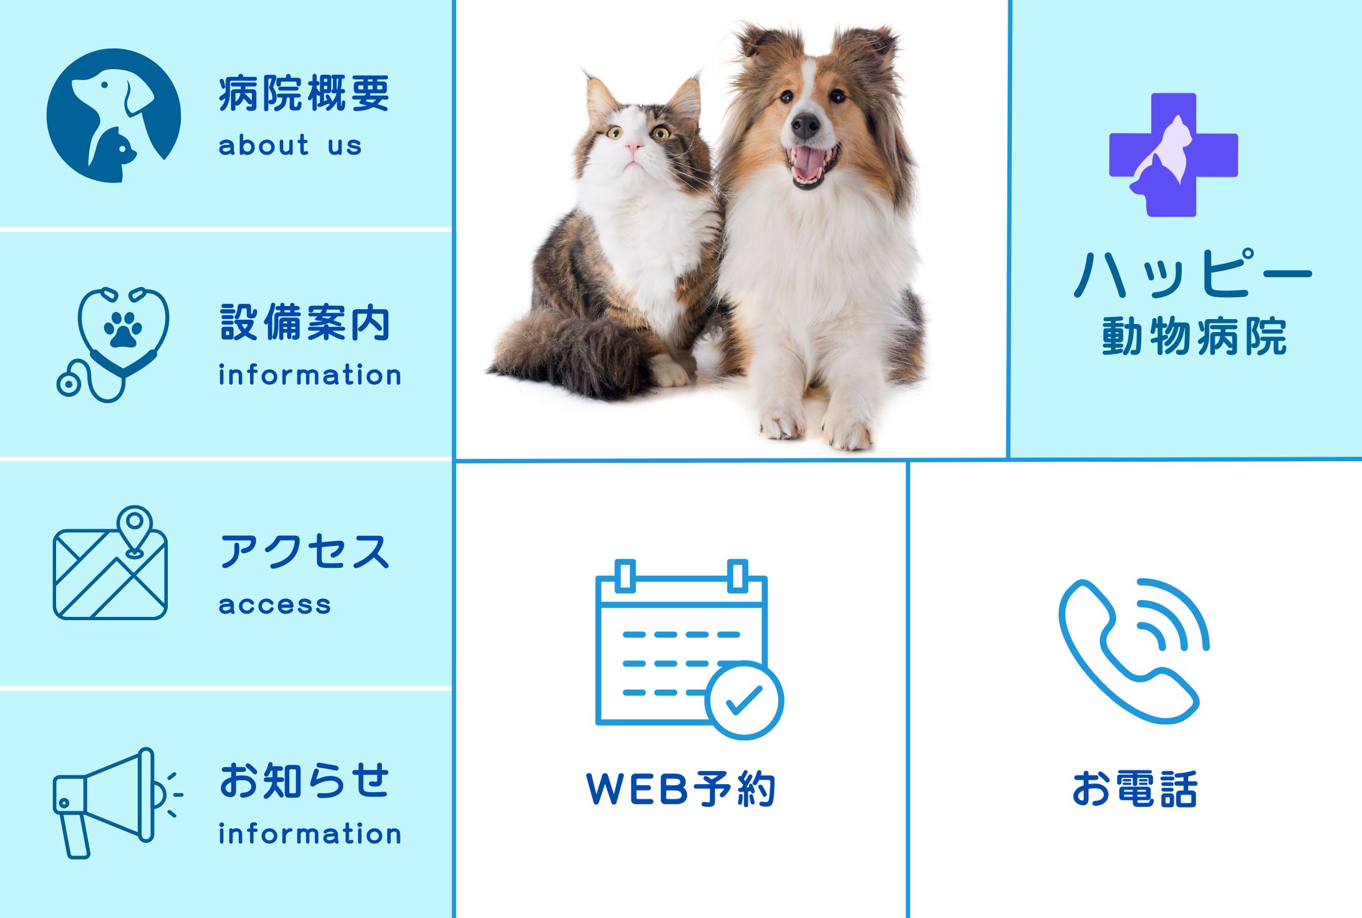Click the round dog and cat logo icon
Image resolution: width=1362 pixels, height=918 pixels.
tap(113, 115)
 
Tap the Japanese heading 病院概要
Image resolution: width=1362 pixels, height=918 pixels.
tap(304, 93)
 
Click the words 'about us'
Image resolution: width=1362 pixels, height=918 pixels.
tap(290, 146)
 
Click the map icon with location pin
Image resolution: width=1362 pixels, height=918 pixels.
tap(110, 564)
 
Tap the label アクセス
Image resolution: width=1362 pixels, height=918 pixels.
tap(304, 552)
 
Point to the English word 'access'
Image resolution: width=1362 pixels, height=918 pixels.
tap(274, 605)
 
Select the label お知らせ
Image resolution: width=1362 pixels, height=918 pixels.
tap(304, 781)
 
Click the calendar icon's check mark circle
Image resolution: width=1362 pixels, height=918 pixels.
tap(744, 700)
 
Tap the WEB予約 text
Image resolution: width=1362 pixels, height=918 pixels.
tap(681, 789)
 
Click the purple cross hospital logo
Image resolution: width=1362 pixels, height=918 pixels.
tap(1173, 155)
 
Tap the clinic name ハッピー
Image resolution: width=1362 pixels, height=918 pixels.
tap(1193, 274)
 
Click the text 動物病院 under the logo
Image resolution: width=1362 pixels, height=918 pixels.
tap(1194, 337)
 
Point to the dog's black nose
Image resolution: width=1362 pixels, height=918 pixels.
tap(805, 125)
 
